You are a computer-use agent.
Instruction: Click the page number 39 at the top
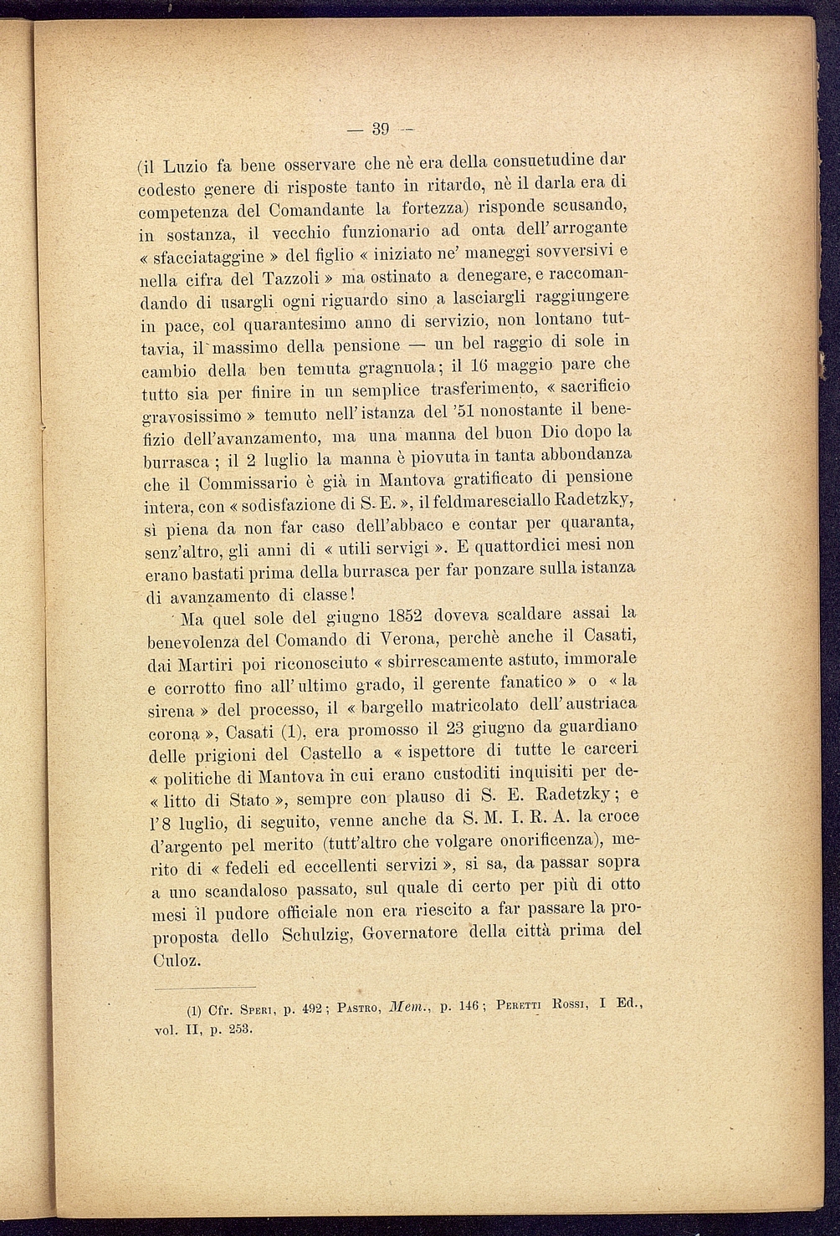coord(382,129)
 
